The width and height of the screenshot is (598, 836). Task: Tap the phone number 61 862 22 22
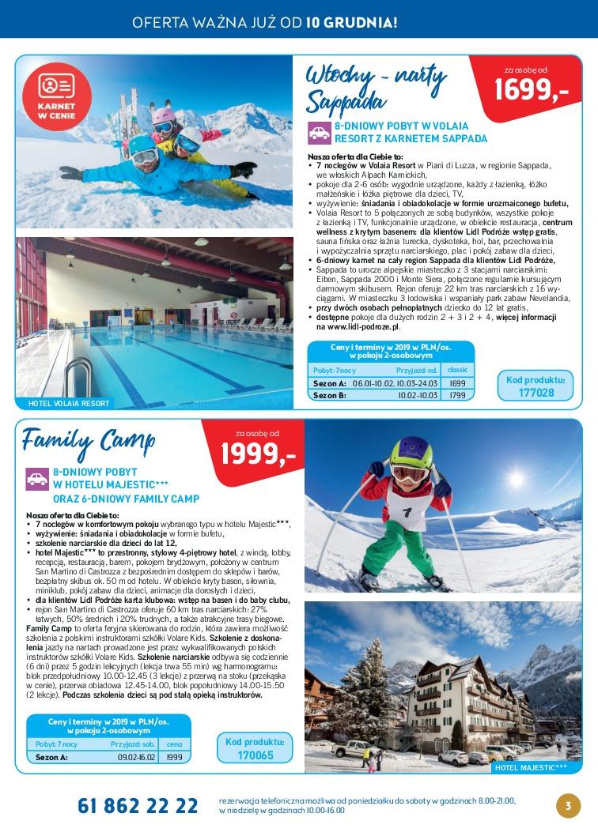pos(138,806)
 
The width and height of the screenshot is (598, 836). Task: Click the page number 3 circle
pos(567,806)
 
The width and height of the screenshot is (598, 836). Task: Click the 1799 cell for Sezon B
pos(456,394)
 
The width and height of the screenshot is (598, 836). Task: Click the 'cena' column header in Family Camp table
pos(174,744)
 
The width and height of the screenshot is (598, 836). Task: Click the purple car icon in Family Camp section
pos(37,478)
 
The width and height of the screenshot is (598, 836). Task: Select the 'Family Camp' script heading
pos(89,439)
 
